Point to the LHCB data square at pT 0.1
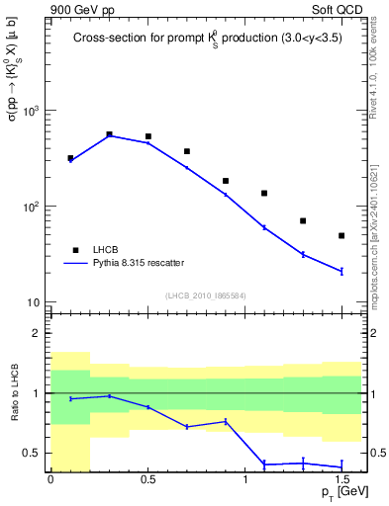(70, 158)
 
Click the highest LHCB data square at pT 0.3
(109, 134)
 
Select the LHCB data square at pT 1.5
(341, 235)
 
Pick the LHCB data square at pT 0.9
(226, 181)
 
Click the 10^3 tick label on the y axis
(35, 111)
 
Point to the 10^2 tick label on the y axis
(35, 207)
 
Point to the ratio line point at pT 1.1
(264, 464)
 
